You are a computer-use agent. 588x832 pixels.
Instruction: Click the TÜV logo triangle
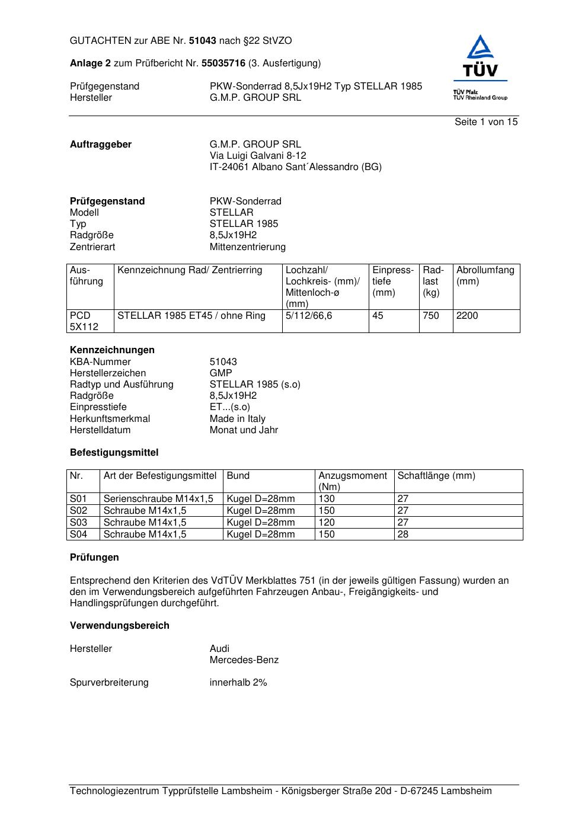coord(480,49)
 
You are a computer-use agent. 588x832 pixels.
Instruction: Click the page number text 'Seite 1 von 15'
coord(486,122)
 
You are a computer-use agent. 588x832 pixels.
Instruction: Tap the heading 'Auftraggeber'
coord(101,145)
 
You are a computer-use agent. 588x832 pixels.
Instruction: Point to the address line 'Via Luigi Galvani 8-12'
coord(258,156)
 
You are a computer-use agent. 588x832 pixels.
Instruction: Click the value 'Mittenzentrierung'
coord(247,247)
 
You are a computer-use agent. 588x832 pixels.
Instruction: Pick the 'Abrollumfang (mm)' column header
coord(485,276)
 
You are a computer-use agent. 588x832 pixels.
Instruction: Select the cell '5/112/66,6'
coord(309,316)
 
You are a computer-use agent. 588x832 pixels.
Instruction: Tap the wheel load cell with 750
coord(431,316)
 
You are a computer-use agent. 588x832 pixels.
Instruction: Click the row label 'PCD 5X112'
coord(84,321)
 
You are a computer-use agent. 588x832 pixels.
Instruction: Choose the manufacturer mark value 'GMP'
coord(221,373)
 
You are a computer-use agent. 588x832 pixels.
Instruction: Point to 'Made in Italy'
coord(238,419)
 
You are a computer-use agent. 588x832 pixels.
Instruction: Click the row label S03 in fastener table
coord(78,523)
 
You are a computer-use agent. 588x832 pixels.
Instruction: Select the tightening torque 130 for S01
coord(327,499)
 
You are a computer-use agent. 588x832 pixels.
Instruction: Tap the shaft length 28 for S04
coord(403,535)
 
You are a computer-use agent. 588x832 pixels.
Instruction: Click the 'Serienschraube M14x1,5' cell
coord(158,499)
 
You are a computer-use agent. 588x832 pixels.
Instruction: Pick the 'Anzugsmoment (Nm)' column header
coord(353,481)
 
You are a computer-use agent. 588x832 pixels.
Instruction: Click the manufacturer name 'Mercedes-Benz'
coord(244,660)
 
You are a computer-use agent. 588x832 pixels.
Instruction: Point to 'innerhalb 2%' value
coord(238,683)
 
